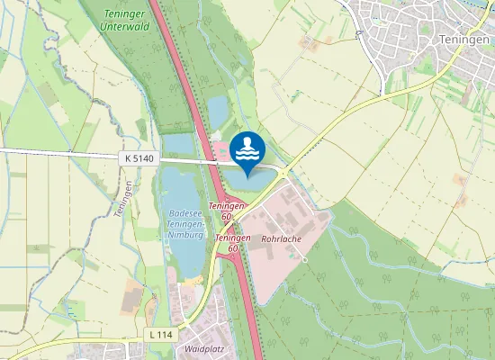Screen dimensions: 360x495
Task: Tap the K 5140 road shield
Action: [139, 158]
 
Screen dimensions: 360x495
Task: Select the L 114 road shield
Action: [160, 335]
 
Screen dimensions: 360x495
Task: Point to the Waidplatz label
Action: [202, 346]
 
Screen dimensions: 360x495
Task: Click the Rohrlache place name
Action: [280, 240]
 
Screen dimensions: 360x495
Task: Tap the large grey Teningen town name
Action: [464, 40]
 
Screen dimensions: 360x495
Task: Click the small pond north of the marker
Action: [218, 111]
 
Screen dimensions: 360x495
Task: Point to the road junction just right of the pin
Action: [284, 172]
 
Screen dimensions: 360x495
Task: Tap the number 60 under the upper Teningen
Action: [226, 217]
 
